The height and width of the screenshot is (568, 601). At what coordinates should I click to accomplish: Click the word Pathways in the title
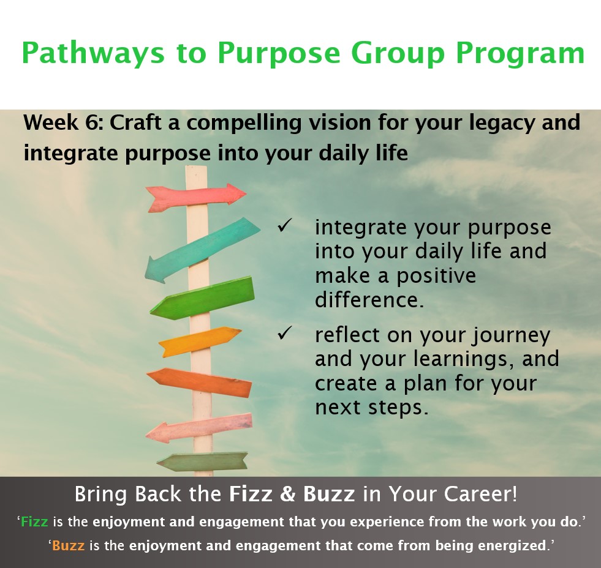click(x=93, y=53)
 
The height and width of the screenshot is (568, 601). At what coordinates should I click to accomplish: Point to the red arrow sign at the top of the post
click(x=196, y=197)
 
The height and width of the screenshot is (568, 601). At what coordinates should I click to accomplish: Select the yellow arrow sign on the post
click(x=199, y=342)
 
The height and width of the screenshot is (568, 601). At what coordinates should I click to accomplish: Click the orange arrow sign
click(x=199, y=383)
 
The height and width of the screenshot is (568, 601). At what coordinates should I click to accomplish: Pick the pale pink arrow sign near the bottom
click(x=199, y=428)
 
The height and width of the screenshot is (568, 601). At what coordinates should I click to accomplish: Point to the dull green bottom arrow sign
click(x=202, y=461)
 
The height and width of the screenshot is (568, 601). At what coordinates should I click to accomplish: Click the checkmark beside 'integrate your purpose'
click(x=285, y=226)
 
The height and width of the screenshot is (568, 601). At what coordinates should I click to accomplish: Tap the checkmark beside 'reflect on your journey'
click(x=285, y=333)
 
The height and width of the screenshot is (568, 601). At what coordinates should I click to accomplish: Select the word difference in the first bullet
click(x=369, y=299)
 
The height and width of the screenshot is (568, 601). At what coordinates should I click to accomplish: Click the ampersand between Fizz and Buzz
click(x=287, y=494)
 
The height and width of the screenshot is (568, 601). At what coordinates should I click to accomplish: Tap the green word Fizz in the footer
click(x=34, y=521)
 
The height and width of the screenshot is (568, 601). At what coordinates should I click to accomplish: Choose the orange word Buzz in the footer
click(x=68, y=545)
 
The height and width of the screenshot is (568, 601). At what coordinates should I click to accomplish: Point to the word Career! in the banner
click(x=481, y=494)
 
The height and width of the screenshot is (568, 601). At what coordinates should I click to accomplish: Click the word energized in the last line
click(x=509, y=546)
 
